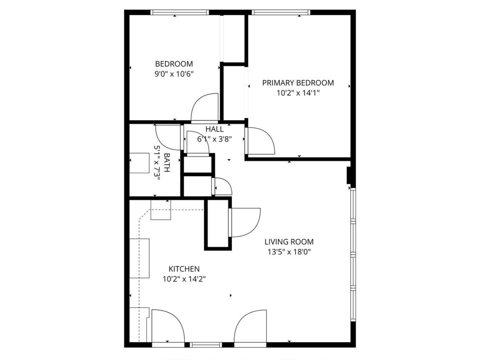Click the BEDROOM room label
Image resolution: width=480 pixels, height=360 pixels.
tap(174, 64)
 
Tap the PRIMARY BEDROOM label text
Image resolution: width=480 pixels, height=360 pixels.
tap(298, 83)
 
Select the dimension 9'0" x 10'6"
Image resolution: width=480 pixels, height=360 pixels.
tap(174, 74)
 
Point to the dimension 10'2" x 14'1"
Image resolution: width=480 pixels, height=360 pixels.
tap(298, 93)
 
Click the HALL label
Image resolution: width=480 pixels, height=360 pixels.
tap(214, 129)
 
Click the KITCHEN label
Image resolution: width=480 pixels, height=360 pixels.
tap(184, 269)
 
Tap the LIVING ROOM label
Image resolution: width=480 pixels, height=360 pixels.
tap(289, 242)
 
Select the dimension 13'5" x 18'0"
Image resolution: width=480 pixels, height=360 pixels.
tap(289, 252)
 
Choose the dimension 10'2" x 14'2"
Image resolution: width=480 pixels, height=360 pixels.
tap(184, 279)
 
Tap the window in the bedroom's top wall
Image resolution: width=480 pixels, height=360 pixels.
tap(180, 12)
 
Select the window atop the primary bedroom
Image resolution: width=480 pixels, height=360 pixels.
tap(281, 12)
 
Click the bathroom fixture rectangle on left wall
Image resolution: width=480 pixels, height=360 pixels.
tap(139, 163)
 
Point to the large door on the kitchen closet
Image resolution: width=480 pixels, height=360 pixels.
tap(245, 223)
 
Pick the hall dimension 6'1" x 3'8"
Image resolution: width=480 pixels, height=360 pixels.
tap(214, 139)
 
